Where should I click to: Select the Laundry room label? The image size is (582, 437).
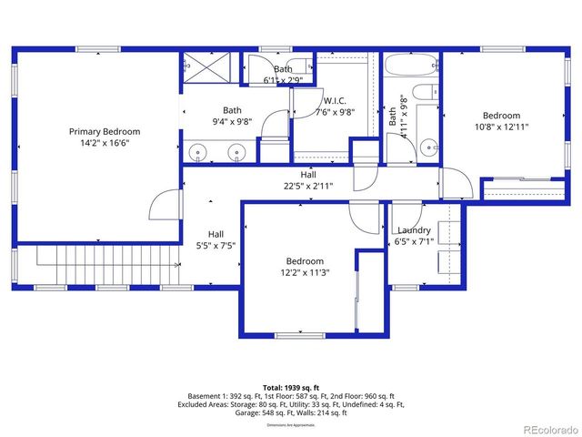pyautogui.click(x=414, y=230)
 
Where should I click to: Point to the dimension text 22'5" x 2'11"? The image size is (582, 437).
pyautogui.click(x=309, y=187)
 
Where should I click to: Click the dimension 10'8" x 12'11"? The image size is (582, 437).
pyautogui.click(x=501, y=127)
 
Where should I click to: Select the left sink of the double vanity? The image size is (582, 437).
pyautogui.click(x=197, y=152)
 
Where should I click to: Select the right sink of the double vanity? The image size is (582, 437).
pyautogui.click(x=236, y=152)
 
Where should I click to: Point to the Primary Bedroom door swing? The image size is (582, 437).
pyautogui.click(x=161, y=205)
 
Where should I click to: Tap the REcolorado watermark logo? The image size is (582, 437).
pyautogui.click(x=543, y=428)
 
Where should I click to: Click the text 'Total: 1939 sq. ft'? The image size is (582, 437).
pyautogui.click(x=291, y=388)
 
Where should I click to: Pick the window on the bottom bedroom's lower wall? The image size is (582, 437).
pyautogui.click(x=300, y=335)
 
